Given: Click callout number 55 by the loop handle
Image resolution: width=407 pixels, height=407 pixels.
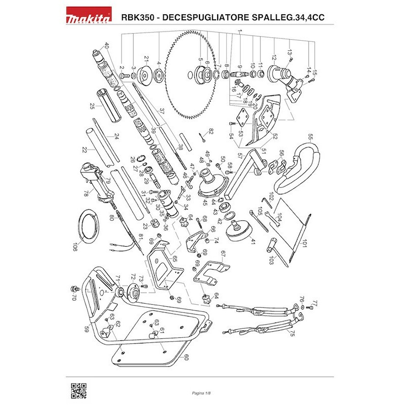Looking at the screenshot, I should pos(310,136).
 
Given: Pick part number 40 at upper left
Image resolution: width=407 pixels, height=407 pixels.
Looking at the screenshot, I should pos(106,45).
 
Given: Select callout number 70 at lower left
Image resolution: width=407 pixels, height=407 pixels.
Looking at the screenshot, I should pos(74,297).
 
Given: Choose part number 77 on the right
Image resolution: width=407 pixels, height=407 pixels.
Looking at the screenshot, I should pos(314,304).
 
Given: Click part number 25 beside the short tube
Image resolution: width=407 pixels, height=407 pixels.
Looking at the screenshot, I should pos(92,106).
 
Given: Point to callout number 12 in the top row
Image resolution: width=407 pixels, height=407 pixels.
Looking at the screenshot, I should pos(274,57).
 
